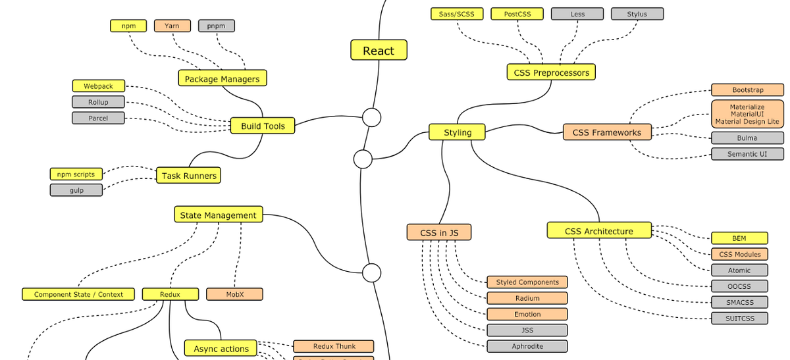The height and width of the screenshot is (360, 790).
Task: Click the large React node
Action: pos(379,51)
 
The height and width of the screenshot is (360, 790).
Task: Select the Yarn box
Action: pos(172,26)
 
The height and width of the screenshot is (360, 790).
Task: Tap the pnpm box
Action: pos(216,26)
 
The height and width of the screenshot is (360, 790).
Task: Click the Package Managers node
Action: pos(223,78)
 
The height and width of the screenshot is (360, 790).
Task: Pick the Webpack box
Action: pos(98,86)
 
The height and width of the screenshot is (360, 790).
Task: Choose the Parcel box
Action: pos(98,118)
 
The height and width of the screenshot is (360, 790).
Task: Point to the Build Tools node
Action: pos(263,126)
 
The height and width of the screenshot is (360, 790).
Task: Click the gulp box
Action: pos(76,190)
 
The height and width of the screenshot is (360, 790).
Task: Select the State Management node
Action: pos(219,215)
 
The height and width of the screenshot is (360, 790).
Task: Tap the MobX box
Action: pos(234,294)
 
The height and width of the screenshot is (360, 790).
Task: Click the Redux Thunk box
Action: pos(334,346)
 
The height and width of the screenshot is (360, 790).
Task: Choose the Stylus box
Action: pos(637,14)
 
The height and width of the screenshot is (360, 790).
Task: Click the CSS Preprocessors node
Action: pos(551,72)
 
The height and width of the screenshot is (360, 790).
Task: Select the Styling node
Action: pos(458,132)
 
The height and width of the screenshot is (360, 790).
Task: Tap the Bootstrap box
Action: pos(747,90)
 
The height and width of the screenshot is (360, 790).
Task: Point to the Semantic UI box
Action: pos(747,154)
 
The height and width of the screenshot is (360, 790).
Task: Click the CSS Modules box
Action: pos(739,254)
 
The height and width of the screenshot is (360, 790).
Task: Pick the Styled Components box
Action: pos(527,282)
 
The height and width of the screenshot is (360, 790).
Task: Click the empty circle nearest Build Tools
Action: pos(372,118)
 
